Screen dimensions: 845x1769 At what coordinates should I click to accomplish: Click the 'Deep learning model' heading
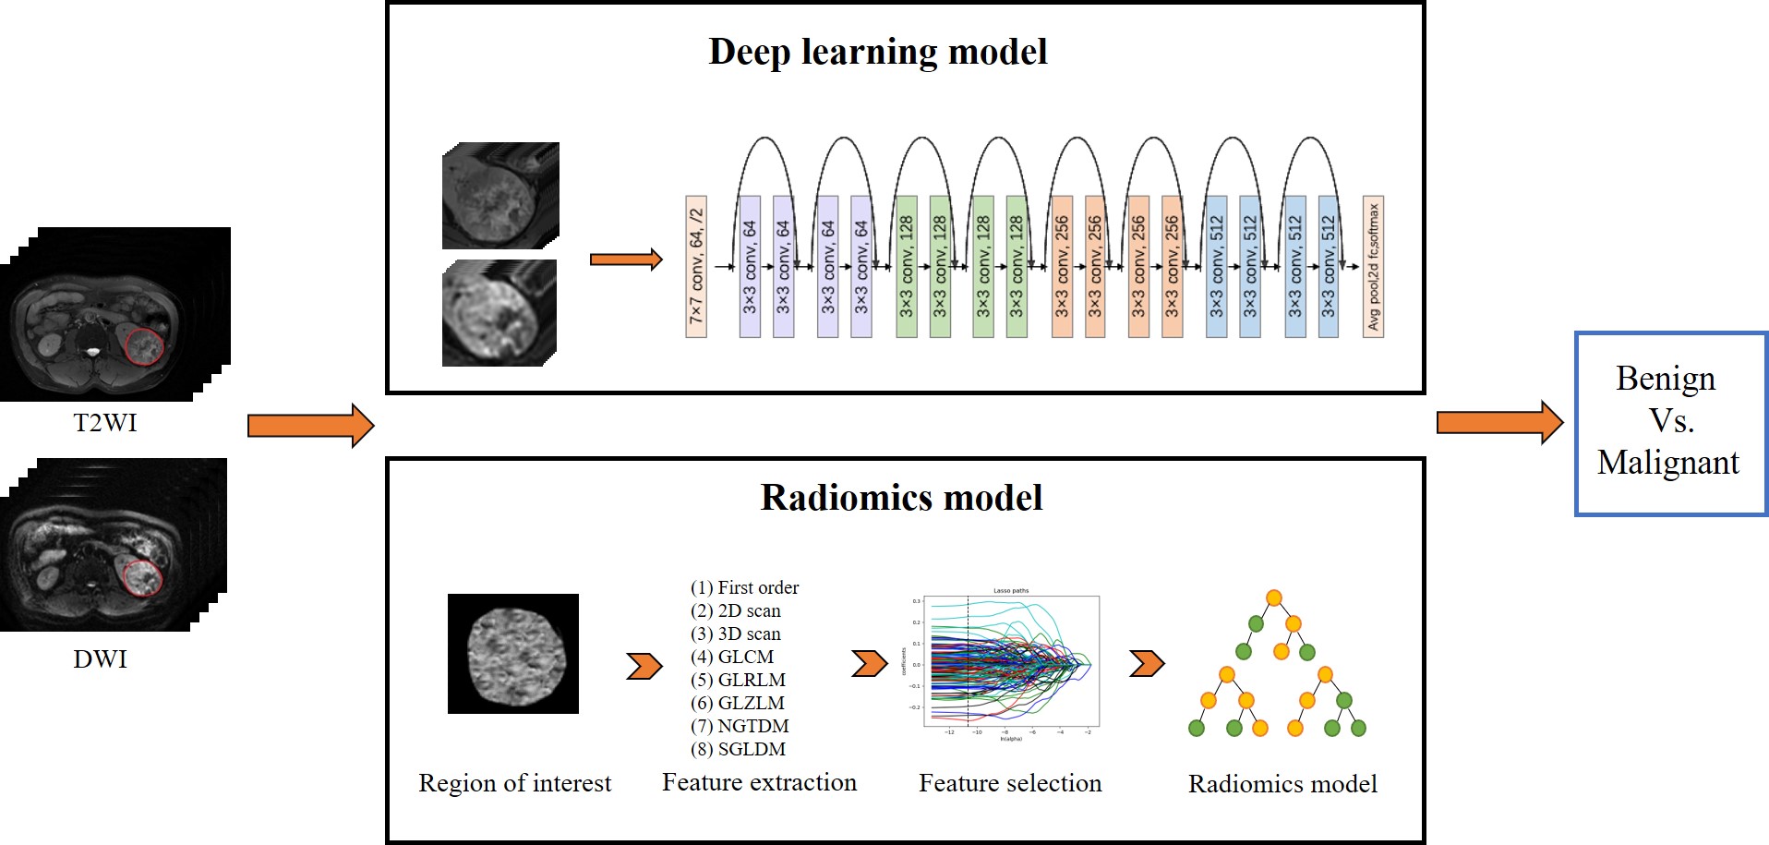pyautogui.click(x=877, y=52)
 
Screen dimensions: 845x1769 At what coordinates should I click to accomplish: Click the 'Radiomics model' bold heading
pyautogui.click(x=901, y=498)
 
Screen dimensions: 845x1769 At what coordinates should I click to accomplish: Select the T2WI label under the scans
pyautogui.click(x=105, y=423)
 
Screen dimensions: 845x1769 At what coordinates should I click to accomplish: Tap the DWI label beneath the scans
pyautogui.click(x=100, y=659)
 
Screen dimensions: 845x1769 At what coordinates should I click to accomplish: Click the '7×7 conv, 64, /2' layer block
pyautogui.click(x=696, y=266)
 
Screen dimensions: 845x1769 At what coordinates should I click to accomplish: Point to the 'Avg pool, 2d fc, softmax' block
pyautogui.click(x=1373, y=266)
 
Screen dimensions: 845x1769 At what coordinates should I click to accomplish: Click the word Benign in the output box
pyautogui.click(x=1666, y=379)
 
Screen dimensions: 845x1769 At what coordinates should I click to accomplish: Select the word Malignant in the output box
pyautogui.click(x=1667, y=462)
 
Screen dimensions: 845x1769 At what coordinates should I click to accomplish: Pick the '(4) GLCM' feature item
pyautogui.click(x=732, y=657)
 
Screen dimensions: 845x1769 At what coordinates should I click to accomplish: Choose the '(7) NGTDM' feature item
pyautogui.click(x=740, y=726)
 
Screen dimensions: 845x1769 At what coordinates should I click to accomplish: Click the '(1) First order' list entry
pyautogui.click(x=744, y=587)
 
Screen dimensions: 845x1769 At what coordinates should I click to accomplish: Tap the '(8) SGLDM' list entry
pyautogui.click(x=738, y=749)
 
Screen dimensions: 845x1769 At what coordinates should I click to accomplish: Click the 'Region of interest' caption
pyautogui.click(x=514, y=783)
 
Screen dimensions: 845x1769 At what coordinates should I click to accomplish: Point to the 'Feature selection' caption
pyautogui.click(x=1010, y=783)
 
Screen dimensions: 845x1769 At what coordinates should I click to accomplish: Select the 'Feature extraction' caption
pyautogui.click(x=759, y=782)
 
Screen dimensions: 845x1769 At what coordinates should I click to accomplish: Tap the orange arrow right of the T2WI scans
pyautogui.click(x=310, y=426)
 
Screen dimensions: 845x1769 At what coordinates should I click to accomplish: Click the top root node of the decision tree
pyautogui.click(x=1274, y=598)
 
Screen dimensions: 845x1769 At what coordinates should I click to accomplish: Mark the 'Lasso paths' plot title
pyautogui.click(x=1010, y=591)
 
